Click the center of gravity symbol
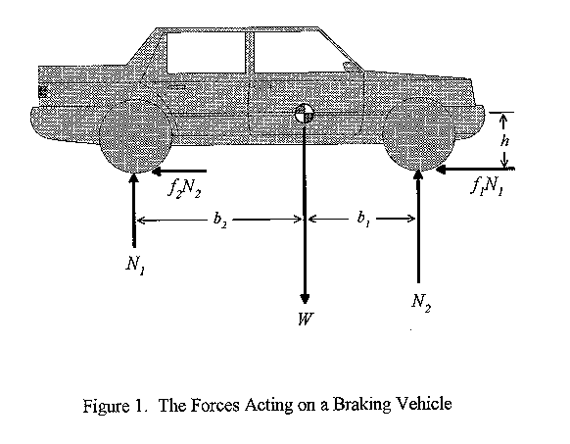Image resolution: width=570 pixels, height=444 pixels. coord(304,114)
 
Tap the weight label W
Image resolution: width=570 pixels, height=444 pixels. coord(305,320)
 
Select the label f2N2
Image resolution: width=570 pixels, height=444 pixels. coord(184,188)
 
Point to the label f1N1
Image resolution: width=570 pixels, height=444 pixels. coord(487,186)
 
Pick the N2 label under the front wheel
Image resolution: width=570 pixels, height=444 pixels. coord(421,302)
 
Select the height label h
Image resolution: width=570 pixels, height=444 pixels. coord(504,141)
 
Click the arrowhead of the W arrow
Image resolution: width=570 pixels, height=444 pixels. coord(305,298)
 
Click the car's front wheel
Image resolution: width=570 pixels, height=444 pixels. coord(418,133)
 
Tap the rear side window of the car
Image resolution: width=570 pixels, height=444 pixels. coord(206,53)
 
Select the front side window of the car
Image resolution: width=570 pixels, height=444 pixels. coord(302,53)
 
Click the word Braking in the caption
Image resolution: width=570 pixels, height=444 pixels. coord(361,405)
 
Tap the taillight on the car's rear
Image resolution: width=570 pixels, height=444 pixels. coord(42,92)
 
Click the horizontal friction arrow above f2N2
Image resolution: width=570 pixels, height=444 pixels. coord(179,172)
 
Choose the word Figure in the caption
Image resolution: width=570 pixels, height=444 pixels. coord(106,406)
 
